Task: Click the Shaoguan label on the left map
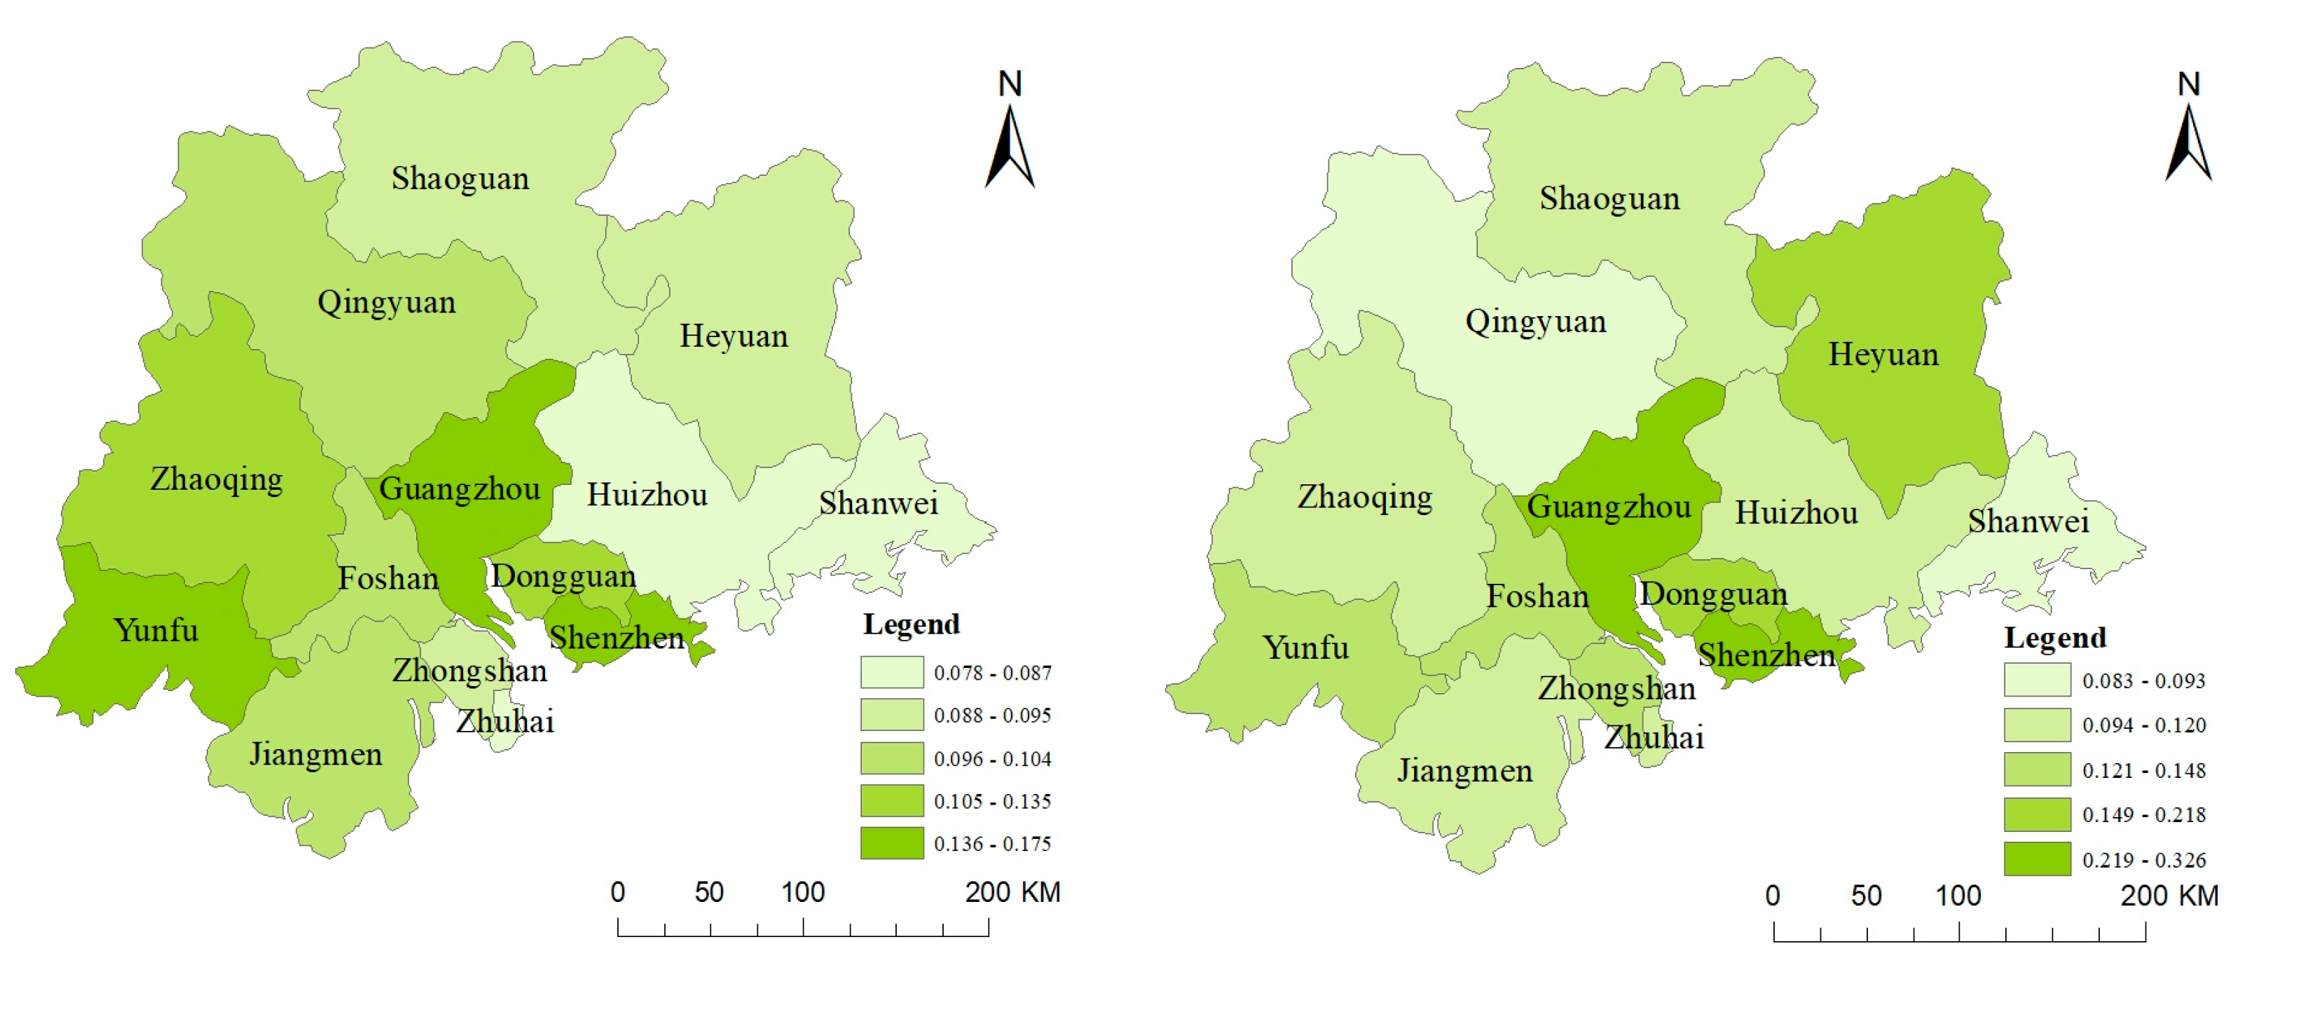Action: point(460,179)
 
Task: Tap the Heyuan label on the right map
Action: point(1883,354)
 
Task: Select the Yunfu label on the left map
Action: point(156,630)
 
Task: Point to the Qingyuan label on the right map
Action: point(1536,321)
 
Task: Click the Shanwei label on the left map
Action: point(878,503)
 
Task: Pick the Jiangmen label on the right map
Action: point(1465,770)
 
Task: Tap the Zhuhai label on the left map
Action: point(504,720)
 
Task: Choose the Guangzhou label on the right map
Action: point(1609,507)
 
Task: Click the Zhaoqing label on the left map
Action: point(216,479)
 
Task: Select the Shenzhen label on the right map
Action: point(1767,655)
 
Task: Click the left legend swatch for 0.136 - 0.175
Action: point(891,844)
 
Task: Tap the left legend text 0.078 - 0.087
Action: point(992,672)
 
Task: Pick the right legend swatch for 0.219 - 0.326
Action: point(2037,859)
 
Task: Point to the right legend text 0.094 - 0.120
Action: point(2143,725)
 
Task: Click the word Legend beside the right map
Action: point(2054,637)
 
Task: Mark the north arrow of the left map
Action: point(1010,148)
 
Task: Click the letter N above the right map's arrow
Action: point(2188,84)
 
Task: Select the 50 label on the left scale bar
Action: point(708,892)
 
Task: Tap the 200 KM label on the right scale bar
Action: point(2169,896)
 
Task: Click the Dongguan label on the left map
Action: point(563,576)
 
